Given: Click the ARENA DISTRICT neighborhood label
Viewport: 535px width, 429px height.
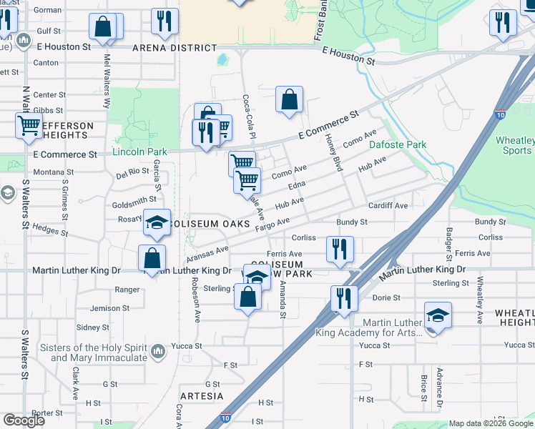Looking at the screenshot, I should click(175, 48).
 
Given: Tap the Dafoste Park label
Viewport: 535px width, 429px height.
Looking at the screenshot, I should click(398, 144).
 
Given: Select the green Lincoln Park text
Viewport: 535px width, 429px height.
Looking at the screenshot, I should click(139, 152).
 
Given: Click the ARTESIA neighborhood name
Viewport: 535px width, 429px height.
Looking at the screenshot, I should click(202, 395).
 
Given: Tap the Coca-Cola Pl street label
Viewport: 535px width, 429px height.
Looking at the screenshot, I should click(250, 117).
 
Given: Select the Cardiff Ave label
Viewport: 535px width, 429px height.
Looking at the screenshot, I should click(388, 206).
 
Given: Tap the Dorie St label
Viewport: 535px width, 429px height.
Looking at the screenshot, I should click(386, 297).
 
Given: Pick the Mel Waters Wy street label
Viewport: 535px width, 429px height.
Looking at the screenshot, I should click(107, 71).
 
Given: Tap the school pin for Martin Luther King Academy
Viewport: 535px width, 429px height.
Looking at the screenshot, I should click(437, 315).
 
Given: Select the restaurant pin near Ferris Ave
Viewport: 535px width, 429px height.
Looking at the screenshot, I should click(339, 249).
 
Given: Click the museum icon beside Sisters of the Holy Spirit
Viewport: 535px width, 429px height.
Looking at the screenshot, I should click(158, 351).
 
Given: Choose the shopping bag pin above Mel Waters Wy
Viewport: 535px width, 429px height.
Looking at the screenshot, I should click(104, 27).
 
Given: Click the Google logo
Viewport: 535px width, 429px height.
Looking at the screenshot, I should click(24, 420).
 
